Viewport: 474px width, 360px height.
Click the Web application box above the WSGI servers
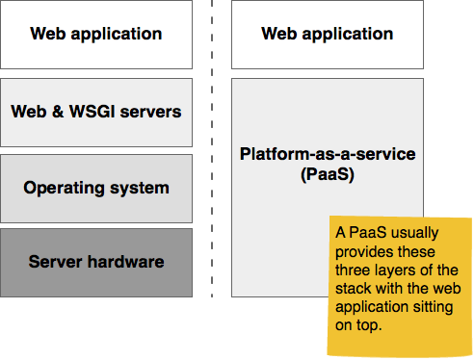(96, 35)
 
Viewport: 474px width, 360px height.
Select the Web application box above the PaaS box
(328, 35)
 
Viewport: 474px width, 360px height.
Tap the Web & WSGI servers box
(96, 112)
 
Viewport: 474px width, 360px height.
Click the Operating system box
(96, 188)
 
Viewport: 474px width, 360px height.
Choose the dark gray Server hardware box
(96, 262)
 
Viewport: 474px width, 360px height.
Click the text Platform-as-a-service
(328, 154)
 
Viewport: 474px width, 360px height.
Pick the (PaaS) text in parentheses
(328, 176)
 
